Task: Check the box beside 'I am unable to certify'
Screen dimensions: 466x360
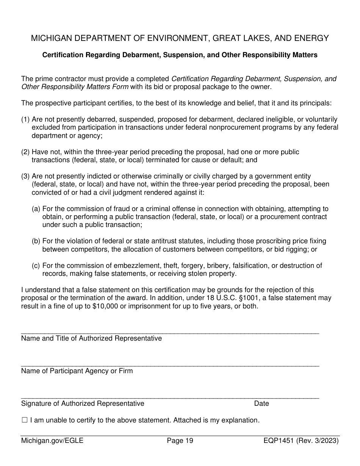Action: click(x=25, y=420)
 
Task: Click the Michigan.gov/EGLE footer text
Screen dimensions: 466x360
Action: click(x=52, y=441)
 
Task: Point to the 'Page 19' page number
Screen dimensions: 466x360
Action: click(x=180, y=441)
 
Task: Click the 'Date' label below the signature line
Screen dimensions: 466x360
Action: click(x=261, y=403)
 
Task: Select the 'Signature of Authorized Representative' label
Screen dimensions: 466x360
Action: click(x=83, y=403)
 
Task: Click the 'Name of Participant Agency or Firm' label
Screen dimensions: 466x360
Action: click(x=77, y=371)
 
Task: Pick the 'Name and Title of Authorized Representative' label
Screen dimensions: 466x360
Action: click(x=91, y=338)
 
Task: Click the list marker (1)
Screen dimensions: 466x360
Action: click(x=25, y=119)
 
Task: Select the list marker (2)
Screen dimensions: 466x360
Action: click(x=25, y=152)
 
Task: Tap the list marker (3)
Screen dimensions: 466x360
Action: click(x=25, y=176)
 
